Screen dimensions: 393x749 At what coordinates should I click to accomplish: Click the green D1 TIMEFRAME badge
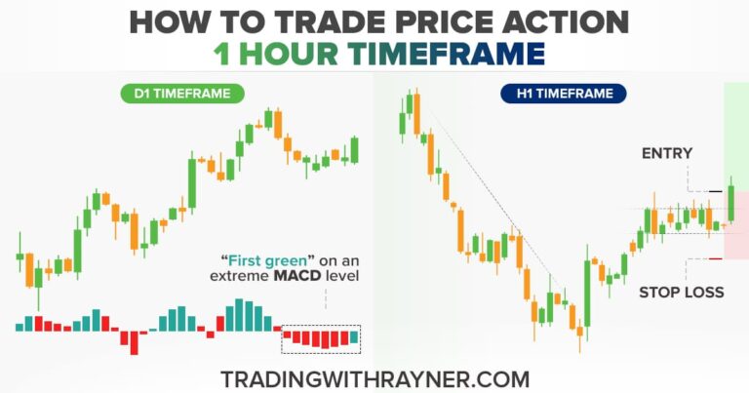(182, 95)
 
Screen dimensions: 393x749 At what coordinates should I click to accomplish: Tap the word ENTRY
(666, 153)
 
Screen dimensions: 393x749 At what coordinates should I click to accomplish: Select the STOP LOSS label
(682, 292)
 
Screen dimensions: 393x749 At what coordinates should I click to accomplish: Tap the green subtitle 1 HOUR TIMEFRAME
(374, 54)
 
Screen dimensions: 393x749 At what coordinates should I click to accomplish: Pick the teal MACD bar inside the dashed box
(354, 338)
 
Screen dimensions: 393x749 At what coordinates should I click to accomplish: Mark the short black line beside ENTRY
(716, 191)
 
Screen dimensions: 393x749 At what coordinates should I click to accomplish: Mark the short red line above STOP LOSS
(716, 258)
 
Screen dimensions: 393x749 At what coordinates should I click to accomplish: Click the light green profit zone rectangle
(736, 137)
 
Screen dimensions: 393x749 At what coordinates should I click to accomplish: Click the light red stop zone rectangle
(738, 224)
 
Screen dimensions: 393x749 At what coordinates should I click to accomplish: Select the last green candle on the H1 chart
(730, 203)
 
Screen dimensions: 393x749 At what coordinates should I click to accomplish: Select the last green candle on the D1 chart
(354, 149)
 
